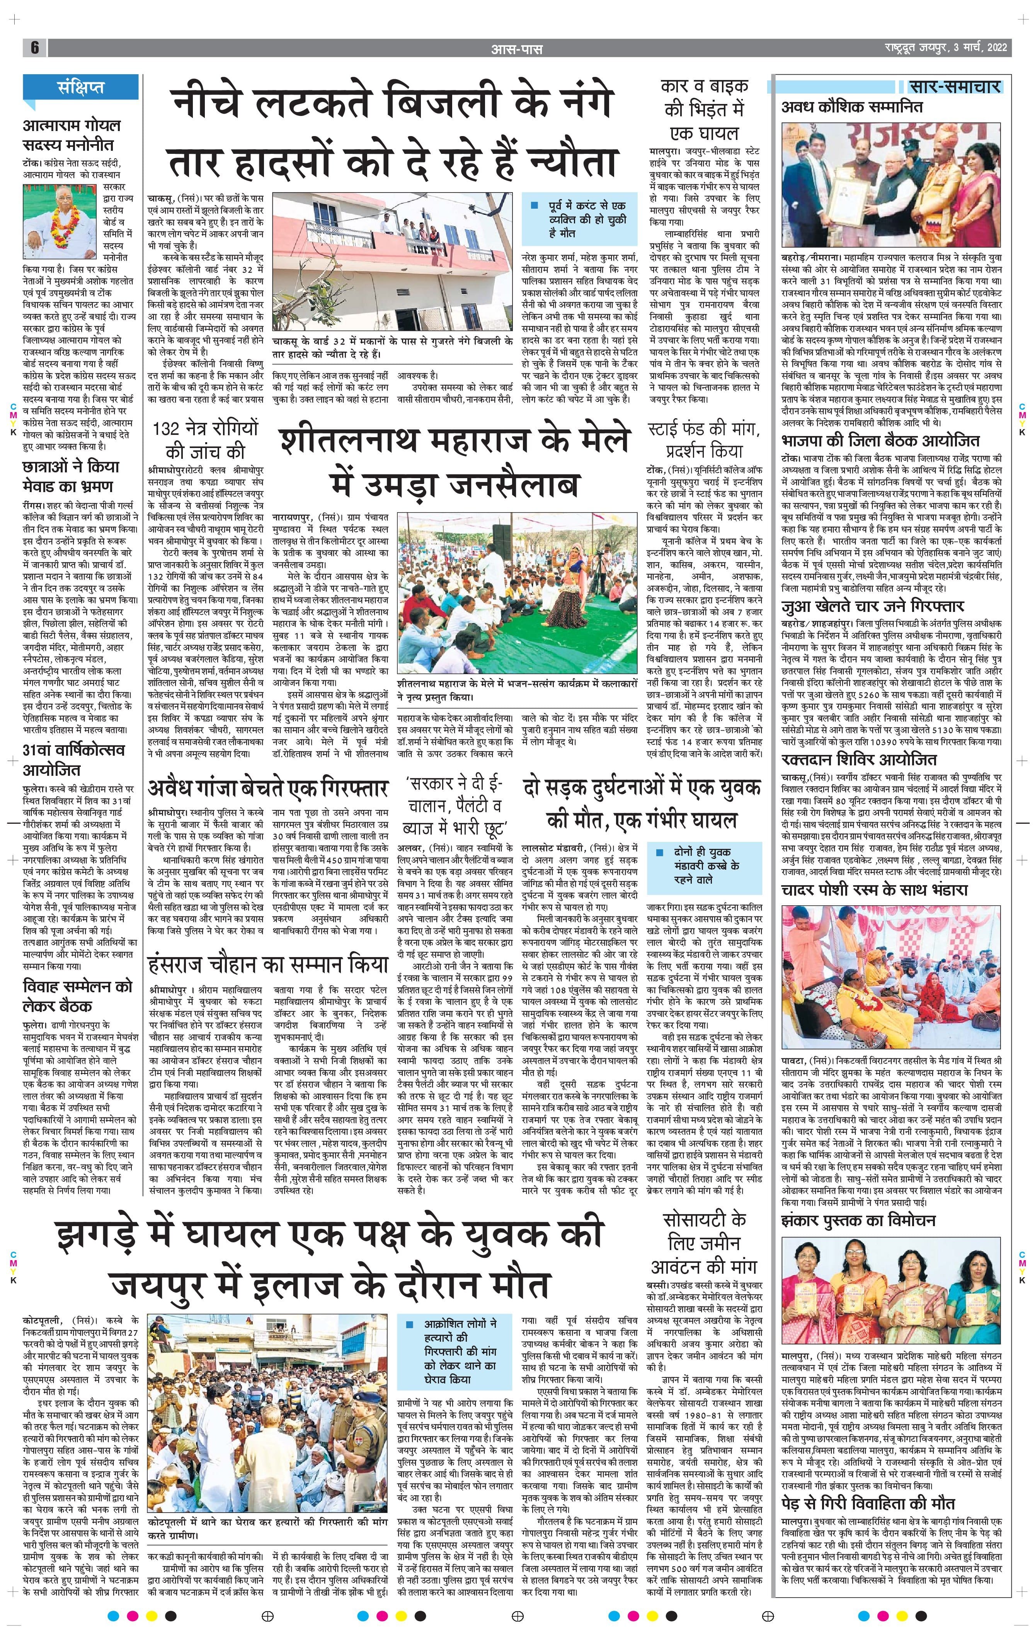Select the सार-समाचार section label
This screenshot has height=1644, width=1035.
[955, 87]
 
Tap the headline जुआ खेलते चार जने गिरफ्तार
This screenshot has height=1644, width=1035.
[873, 606]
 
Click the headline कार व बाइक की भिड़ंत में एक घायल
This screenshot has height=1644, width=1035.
[705, 109]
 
